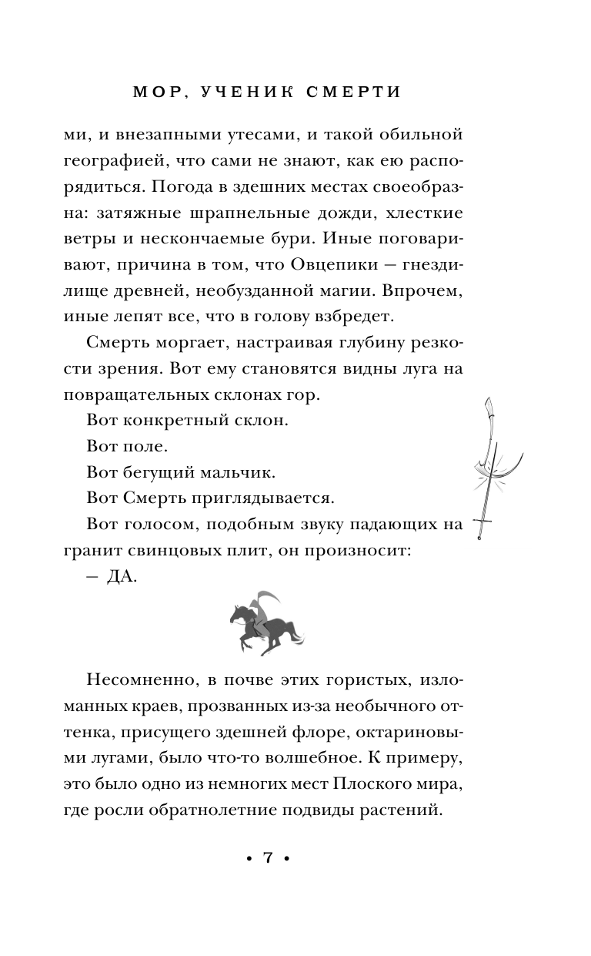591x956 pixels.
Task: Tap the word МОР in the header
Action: coord(155,92)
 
